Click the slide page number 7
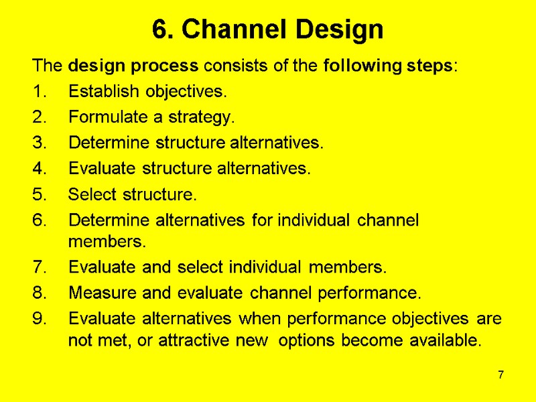pyautogui.click(x=500, y=374)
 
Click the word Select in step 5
pyautogui.click(x=89, y=196)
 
